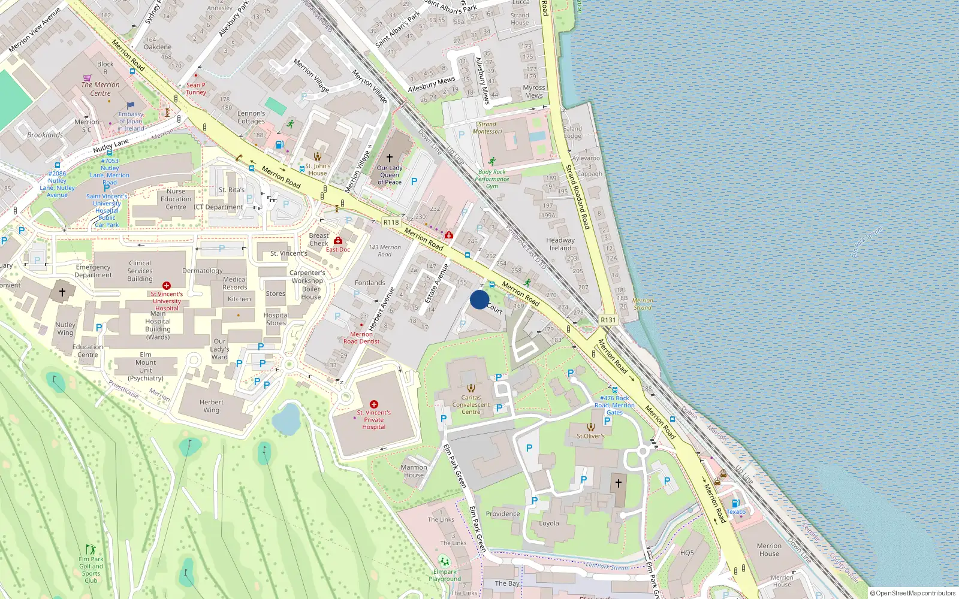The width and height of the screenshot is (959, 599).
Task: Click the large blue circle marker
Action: (479, 299)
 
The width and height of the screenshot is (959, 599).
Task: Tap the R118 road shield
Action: (391, 222)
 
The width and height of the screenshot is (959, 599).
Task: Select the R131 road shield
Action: (608, 320)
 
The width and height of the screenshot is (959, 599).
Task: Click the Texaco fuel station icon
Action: (735, 503)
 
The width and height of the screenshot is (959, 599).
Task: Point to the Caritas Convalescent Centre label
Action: (471, 404)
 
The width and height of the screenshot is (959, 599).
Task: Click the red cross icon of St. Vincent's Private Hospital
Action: (374, 404)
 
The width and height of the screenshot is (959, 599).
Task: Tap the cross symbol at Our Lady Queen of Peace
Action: (389, 158)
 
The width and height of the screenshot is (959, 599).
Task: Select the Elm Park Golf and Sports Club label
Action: (91, 566)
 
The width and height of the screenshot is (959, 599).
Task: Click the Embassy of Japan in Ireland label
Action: (131, 121)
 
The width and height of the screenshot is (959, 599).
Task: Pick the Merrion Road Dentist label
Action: (361, 338)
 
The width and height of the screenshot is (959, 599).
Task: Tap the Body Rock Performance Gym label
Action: (492, 179)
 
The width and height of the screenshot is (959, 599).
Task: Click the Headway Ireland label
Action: (560, 244)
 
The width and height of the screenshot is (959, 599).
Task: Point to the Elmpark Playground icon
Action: (444, 561)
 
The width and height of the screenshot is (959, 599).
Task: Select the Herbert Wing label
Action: (212, 406)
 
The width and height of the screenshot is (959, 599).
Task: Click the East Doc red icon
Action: (338, 240)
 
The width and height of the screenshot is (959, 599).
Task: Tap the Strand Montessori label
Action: (487, 128)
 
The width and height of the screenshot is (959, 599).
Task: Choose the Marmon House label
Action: (414, 471)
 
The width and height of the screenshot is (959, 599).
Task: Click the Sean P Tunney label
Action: (195, 89)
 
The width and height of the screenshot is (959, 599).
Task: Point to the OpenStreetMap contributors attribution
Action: (912, 593)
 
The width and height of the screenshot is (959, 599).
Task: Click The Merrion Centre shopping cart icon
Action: (87, 78)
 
